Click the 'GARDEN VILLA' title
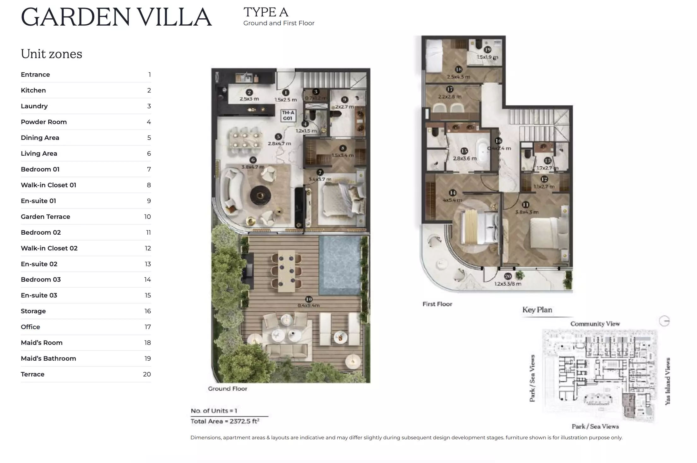point(116,17)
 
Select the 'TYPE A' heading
point(266,13)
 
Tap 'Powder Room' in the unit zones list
point(44,122)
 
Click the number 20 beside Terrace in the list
point(147,374)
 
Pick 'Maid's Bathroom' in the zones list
point(48,358)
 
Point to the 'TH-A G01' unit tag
point(288,116)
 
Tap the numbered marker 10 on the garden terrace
point(309,299)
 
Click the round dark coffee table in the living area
point(260,195)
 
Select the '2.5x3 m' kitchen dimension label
point(249,99)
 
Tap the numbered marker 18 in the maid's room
point(458,69)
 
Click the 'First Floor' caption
point(437,304)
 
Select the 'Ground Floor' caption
point(227,389)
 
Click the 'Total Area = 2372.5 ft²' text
point(225,421)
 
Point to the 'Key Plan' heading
point(537,310)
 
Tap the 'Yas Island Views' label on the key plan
point(668,381)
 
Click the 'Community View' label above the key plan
point(595,324)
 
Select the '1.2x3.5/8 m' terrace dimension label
point(508,284)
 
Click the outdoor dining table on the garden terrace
point(286,271)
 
